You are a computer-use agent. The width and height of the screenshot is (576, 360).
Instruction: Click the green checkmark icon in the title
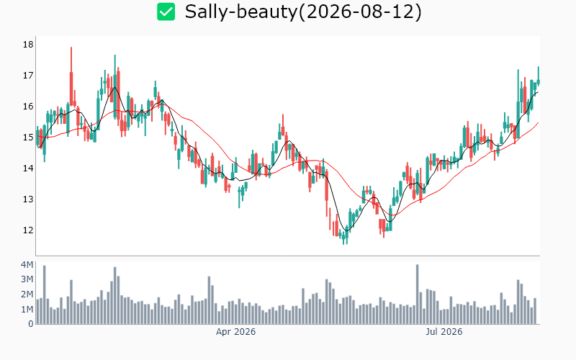click(166, 12)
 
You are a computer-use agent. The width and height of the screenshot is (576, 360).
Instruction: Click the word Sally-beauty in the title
click(240, 12)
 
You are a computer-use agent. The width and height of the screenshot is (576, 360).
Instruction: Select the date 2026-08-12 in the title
click(359, 12)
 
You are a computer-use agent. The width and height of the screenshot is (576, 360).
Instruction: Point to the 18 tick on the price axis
click(28, 45)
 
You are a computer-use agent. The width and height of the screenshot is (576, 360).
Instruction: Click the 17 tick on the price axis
click(28, 76)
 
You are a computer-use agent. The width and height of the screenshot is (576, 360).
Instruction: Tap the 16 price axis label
click(28, 106)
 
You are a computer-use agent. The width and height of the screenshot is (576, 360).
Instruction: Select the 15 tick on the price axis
click(28, 137)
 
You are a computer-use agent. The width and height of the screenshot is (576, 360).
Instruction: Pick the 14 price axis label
click(28, 168)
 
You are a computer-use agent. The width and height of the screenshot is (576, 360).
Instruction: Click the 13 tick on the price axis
click(28, 199)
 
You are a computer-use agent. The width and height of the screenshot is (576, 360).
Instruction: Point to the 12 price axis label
click(28, 230)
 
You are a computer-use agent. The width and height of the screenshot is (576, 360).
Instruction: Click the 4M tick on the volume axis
click(27, 264)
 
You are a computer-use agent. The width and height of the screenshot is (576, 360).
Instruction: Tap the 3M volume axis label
click(27, 279)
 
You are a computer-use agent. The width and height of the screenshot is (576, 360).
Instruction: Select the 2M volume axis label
click(27, 294)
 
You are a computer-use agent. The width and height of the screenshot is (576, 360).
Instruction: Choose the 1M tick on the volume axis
click(27, 310)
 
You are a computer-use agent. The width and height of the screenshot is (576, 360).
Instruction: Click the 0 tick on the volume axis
click(30, 324)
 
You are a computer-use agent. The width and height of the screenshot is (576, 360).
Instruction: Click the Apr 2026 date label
click(235, 332)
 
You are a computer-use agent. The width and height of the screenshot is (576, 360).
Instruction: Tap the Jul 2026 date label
click(444, 332)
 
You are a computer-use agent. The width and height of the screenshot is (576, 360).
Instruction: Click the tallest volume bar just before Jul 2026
click(418, 294)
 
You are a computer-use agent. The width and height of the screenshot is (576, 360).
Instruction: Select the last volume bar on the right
click(535, 311)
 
